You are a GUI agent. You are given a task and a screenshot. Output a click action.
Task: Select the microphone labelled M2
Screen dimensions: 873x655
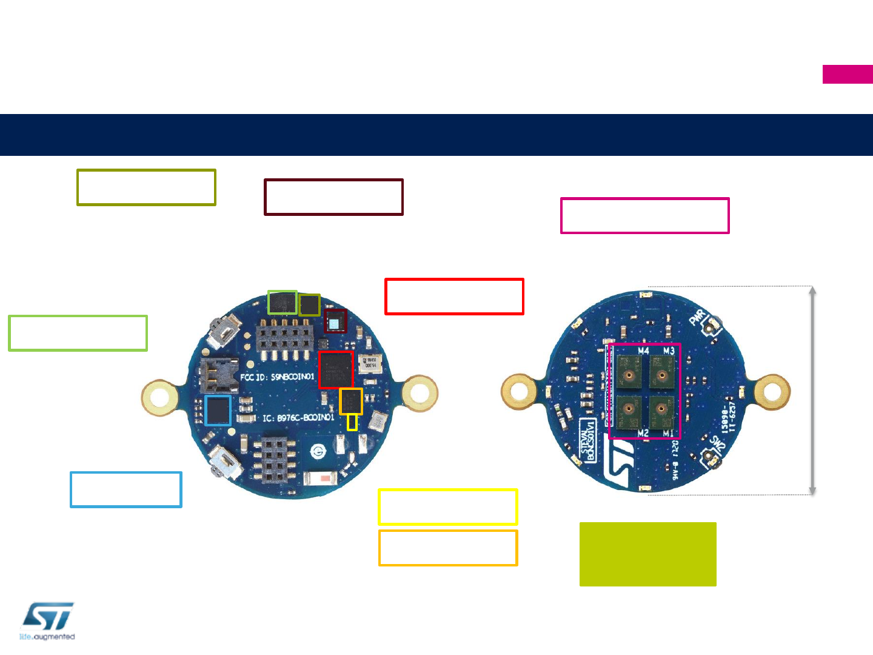tap(630, 411)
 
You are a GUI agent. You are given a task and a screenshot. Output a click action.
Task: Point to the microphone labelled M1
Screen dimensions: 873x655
tap(662, 411)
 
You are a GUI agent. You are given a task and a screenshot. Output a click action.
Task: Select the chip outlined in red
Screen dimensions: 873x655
tap(335, 369)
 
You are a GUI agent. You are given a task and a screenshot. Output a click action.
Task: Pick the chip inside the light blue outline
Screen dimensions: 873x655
tap(218, 411)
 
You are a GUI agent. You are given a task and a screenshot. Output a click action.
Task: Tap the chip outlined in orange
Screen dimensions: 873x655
tap(351, 401)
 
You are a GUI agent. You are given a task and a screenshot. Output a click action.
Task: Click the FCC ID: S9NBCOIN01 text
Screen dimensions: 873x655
tap(278, 377)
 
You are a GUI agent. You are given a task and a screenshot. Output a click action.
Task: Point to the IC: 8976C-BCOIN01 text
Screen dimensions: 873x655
tap(298, 418)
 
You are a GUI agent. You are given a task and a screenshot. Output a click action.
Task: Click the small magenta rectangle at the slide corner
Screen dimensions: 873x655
tap(848, 74)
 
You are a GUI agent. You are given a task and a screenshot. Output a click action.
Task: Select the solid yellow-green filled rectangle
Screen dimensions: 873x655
tap(647, 554)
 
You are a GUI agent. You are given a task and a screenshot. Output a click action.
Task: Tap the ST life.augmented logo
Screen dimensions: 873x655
tap(47, 621)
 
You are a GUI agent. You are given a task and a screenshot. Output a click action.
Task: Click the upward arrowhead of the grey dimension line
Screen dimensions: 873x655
tap(813, 291)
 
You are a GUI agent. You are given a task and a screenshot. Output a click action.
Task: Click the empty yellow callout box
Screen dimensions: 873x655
tap(447, 506)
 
